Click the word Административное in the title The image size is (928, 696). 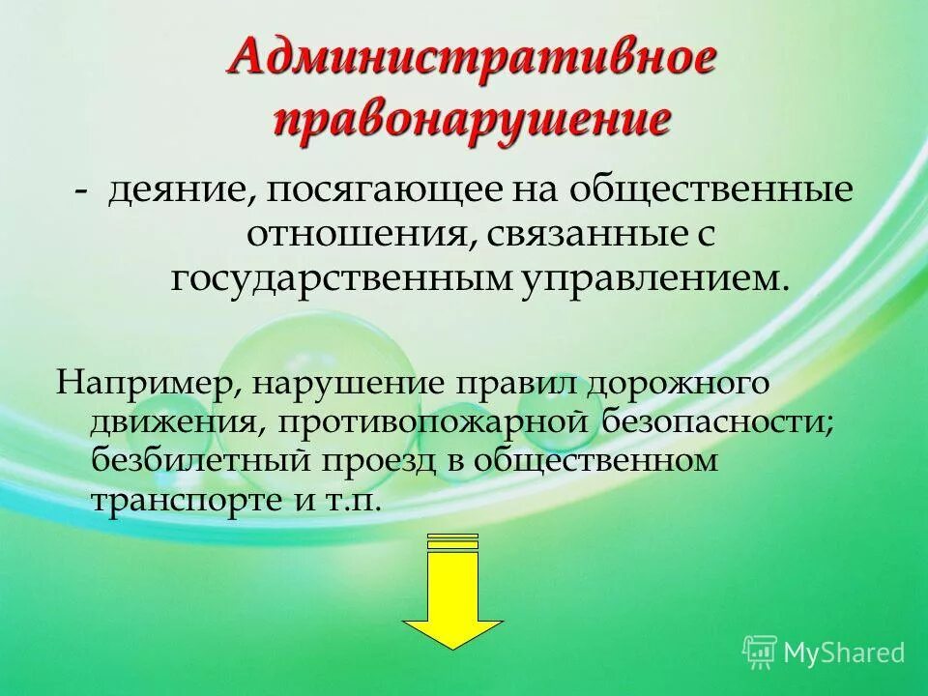(x=473, y=60)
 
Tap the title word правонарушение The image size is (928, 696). (x=472, y=122)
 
